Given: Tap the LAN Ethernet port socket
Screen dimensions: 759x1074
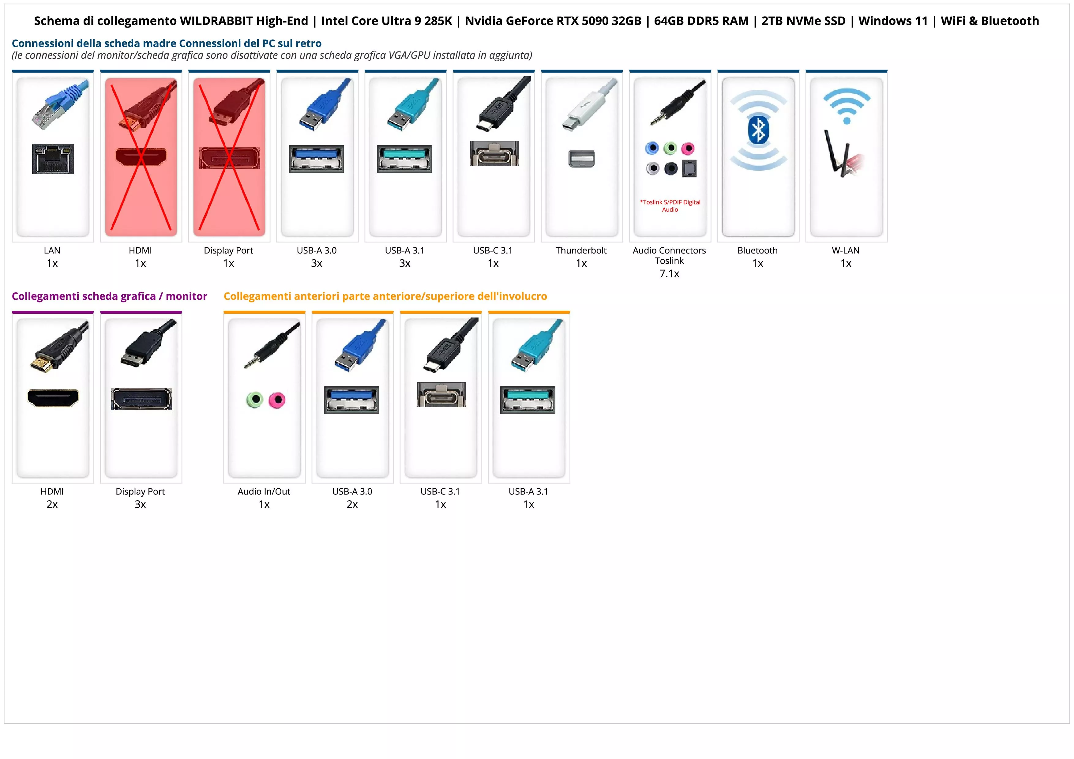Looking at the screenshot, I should [x=53, y=159].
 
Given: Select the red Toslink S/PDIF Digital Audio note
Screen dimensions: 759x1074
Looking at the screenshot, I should [x=670, y=206].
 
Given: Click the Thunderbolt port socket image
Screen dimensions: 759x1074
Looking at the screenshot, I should [x=581, y=159].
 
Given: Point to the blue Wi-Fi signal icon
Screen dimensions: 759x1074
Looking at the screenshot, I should [x=846, y=105].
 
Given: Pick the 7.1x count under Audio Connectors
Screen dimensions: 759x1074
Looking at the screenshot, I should [x=669, y=274].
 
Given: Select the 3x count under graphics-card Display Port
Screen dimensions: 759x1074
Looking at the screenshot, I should [x=140, y=504].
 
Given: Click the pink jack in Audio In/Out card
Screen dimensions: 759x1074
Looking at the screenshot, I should [x=277, y=400].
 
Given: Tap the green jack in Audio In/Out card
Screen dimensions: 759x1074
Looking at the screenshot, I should [x=255, y=400].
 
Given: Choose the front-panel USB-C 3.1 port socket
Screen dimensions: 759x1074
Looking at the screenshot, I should [x=441, y=395].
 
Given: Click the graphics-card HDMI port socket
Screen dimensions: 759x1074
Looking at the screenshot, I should [x=53, y=398].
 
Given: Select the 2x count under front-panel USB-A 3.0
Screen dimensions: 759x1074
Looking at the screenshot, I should [x=352, y=504].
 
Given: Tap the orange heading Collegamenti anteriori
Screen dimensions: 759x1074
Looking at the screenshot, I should [x=385, y=296].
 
